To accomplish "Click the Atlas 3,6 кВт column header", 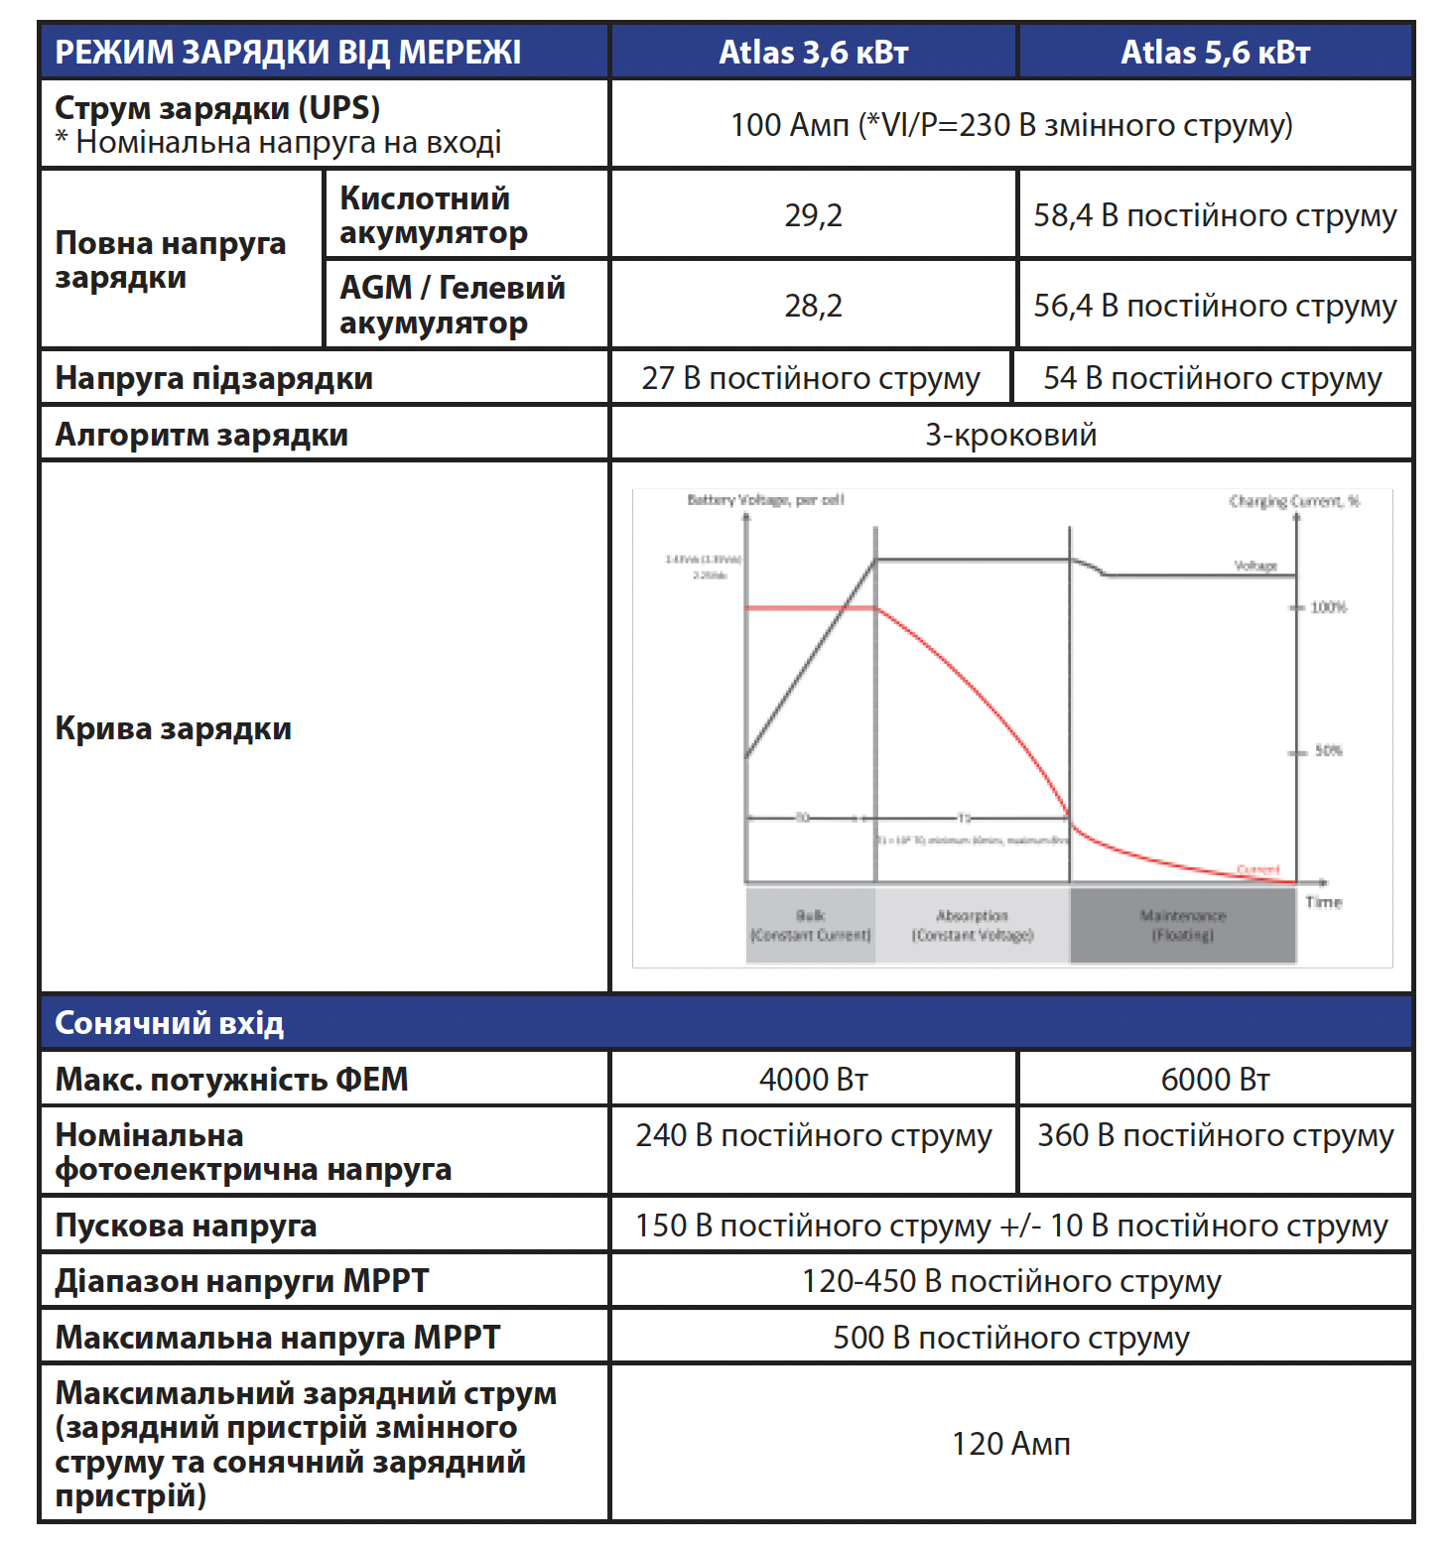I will point(813,52).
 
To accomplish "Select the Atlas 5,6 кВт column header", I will point(1215,52).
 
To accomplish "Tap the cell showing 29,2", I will point(813,215).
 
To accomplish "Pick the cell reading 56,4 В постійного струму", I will point(1215,306).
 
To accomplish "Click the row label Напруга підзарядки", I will point(214,378).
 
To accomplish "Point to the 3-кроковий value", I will point(1010,435).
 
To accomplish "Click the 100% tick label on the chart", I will point(1328,606).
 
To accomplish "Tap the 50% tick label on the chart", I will point(1328,750).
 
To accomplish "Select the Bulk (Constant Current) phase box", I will point(810,925).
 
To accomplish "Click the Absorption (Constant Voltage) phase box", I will point(972,925).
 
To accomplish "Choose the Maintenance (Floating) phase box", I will point(1182,925).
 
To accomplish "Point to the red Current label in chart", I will point(1257,869).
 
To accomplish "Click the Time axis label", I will point(1324,901).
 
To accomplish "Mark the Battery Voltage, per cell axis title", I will point(765,500).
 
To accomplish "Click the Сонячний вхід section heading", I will point(170,1023).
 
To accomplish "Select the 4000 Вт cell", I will point(813,1080).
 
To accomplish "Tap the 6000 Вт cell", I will point(1215,1080).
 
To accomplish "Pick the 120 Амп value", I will point(1010,1444).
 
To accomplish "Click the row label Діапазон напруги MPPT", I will point(242,1281).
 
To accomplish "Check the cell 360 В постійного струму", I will point(1215,1135).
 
